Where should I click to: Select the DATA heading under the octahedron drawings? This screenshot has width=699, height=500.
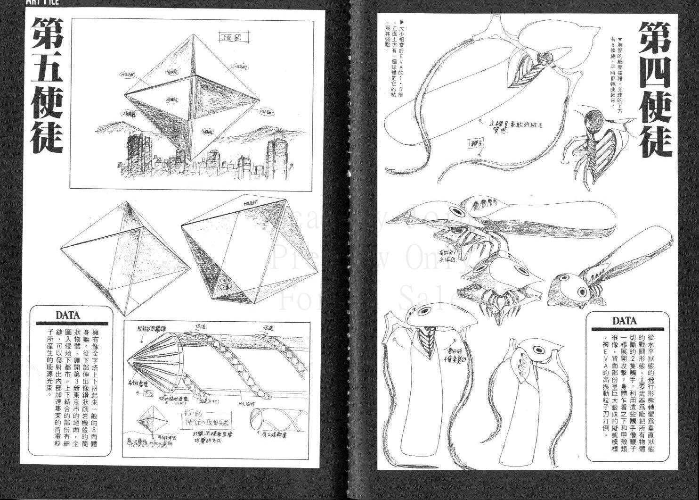pyautogui.click(x=68, y=315)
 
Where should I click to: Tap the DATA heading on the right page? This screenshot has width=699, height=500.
pyautogui.click(x=625, y=321)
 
